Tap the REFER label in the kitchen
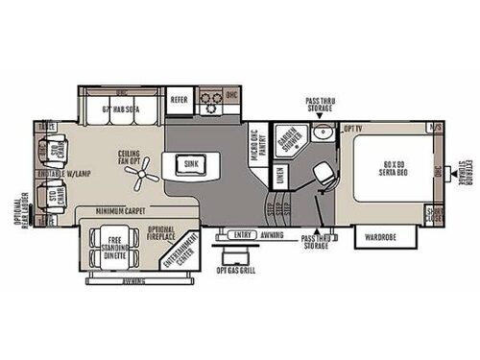[179, 99]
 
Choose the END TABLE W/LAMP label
[62, 173]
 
